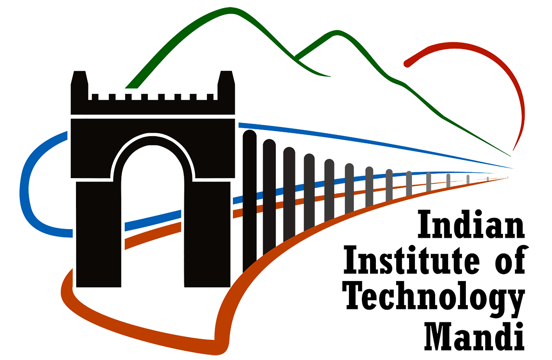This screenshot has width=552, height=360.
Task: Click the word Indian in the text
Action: [471, 225]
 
